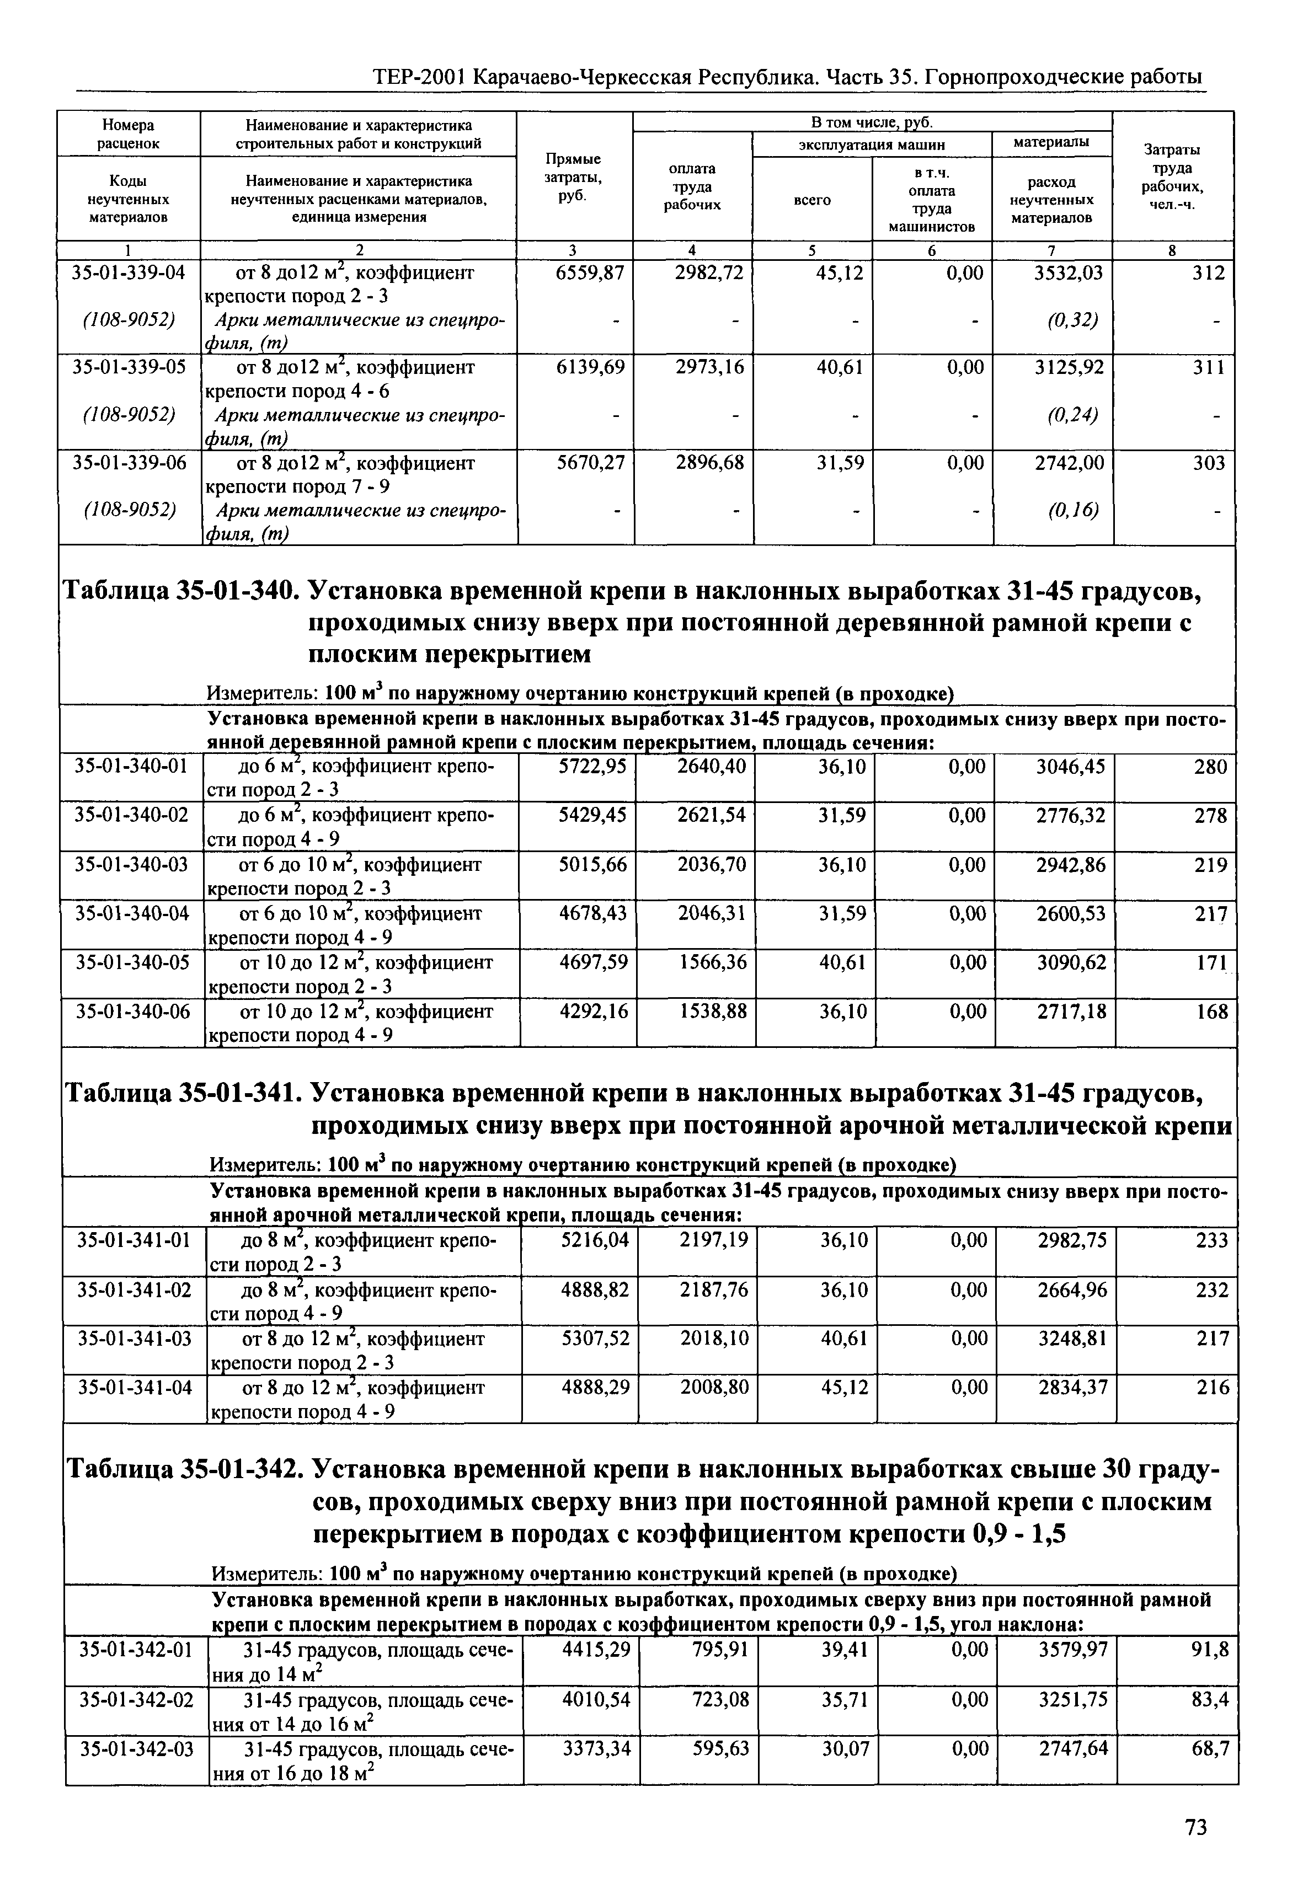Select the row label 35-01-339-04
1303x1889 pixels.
tap(129, 272)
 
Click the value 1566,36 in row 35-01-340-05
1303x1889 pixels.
tap(712, 962)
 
